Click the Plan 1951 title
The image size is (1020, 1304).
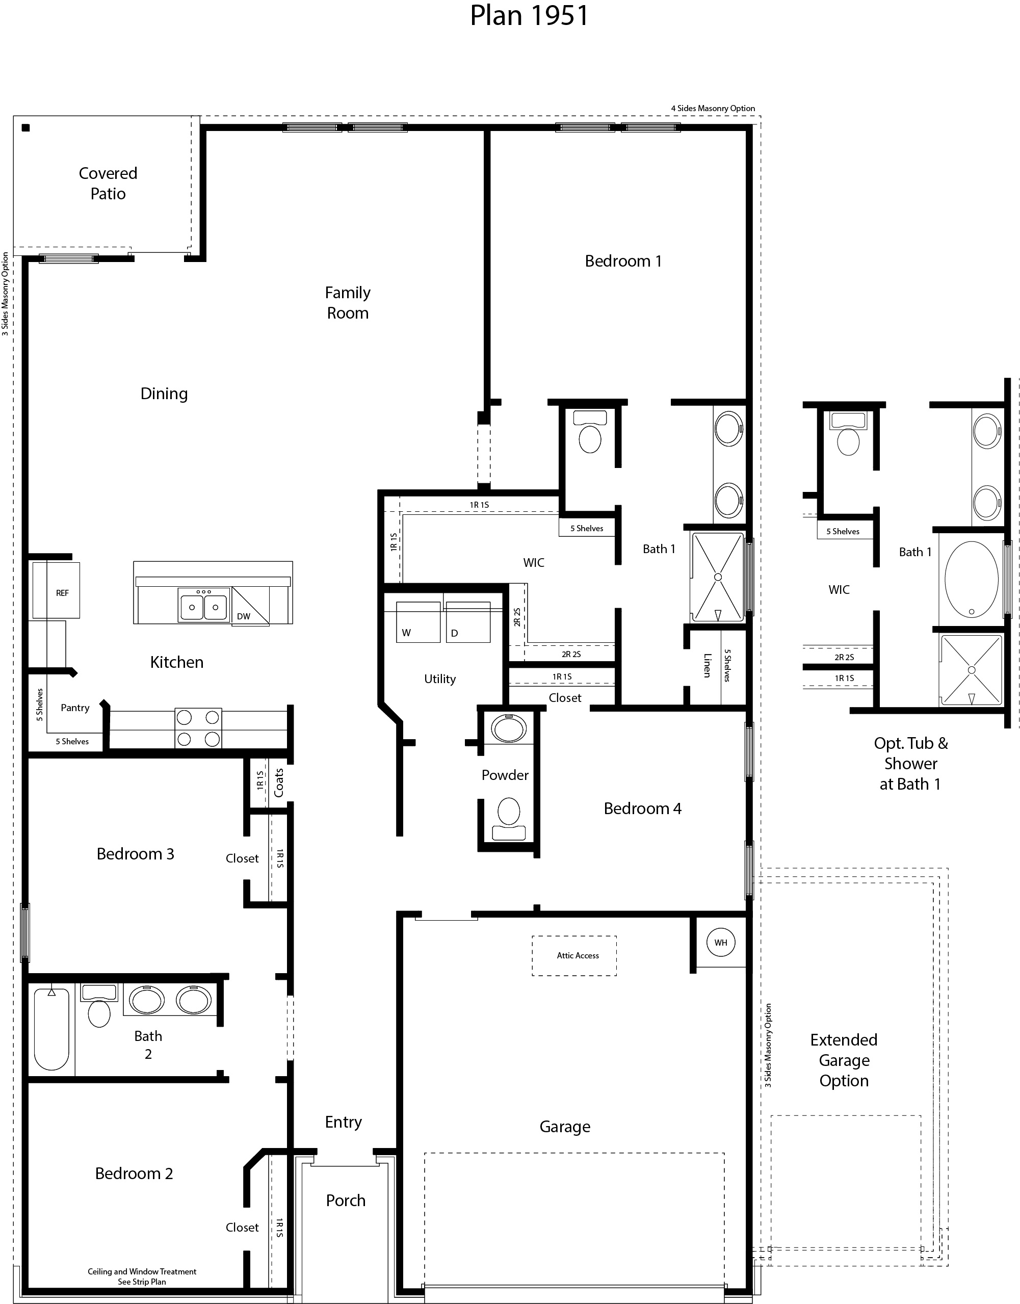529,16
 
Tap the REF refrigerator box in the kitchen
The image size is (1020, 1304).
57,590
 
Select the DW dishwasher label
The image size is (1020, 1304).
244,616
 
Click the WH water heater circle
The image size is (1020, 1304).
721,942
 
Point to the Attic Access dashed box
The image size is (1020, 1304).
574,955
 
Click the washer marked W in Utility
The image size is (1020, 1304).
418,623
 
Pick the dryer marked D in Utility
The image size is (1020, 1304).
467,623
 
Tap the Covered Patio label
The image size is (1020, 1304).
108,184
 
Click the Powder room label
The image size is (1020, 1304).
505,775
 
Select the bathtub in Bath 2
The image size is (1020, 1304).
51,1029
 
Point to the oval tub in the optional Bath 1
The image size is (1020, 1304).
972,579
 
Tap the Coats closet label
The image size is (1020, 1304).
279,782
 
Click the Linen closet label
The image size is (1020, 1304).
707,665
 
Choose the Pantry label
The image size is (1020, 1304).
75,708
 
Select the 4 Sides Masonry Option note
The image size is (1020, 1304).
713,108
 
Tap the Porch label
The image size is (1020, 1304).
345,1200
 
